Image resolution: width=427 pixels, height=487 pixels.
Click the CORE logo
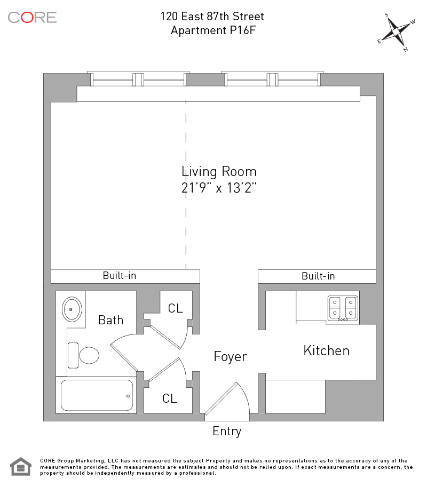(32, 18)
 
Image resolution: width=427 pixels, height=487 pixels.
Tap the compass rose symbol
(397, 32)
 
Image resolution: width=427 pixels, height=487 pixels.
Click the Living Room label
(219, 172)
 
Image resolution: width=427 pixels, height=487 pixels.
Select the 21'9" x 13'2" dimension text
(219, 188)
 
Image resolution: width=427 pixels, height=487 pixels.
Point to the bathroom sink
(72, 309)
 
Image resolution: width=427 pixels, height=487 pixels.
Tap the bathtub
(97, 395)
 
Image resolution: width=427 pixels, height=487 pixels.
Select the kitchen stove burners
(343, 308)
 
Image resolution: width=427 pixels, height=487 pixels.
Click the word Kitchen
(327, 350)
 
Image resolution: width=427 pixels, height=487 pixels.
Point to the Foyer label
(230, 356)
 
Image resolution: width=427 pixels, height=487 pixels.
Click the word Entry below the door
(227, 432)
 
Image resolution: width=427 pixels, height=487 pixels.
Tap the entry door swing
(227, 399)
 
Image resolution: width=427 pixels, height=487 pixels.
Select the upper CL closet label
(175, 308)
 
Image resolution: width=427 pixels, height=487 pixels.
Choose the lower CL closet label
(170, 398)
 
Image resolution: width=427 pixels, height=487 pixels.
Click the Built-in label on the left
(120, 275)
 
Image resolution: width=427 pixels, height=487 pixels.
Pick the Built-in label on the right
(318, 276)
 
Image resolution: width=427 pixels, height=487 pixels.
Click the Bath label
(110, 320)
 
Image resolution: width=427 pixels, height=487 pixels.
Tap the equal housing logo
(21, 467)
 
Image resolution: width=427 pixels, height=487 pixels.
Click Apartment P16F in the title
(213, 30)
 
